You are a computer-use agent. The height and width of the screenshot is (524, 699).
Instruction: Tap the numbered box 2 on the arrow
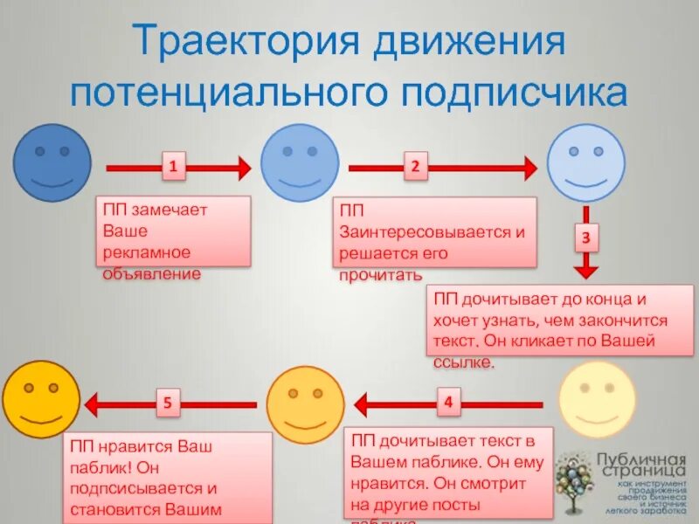[x=415, y=166]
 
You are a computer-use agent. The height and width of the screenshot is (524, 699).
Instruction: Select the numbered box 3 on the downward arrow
[x=585, y=236]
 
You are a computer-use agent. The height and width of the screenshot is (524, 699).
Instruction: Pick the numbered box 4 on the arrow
[x=448, y=403]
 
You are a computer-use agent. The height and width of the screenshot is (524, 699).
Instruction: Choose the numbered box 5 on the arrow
[x=171, y=403]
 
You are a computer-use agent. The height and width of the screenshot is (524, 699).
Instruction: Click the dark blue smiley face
[x=52, y=162]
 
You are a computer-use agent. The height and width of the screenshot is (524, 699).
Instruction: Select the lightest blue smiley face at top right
[x=586, y=163]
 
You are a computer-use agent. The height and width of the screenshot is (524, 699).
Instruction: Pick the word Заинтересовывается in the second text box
[x=433, y=233]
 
